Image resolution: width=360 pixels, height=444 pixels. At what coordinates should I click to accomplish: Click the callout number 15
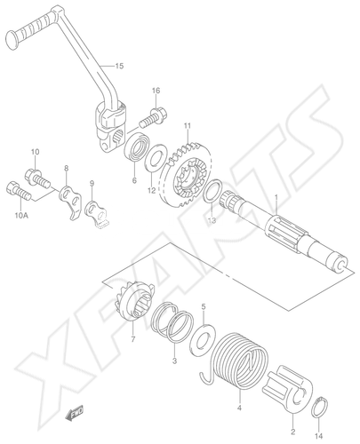click(x=119, y=66)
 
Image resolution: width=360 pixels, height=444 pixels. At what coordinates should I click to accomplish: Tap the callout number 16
click(x=156, y=91)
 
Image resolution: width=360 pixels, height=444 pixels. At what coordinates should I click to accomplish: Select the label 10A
click(x=21, y=216)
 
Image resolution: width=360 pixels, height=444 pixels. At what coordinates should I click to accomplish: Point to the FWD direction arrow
click(x=75, y=413)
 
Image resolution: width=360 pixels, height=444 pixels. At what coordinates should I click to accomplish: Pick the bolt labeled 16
click(x=153, y=118)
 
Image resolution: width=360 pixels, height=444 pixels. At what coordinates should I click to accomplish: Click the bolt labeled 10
click(x=38, y=178)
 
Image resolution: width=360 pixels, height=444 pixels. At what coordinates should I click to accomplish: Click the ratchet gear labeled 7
click(x=135, y=300)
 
